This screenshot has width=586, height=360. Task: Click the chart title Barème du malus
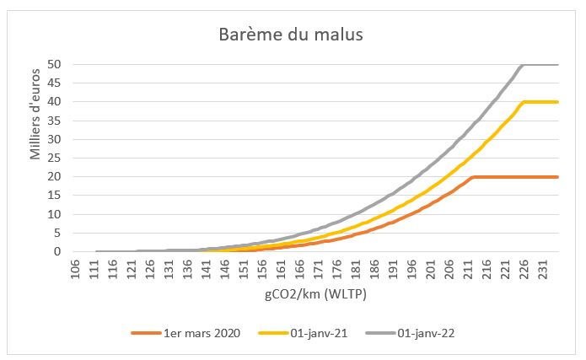tap(291, 35)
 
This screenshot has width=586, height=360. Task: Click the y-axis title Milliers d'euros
tap(36, 118)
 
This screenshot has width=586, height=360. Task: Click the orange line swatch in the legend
tap(145, 333)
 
